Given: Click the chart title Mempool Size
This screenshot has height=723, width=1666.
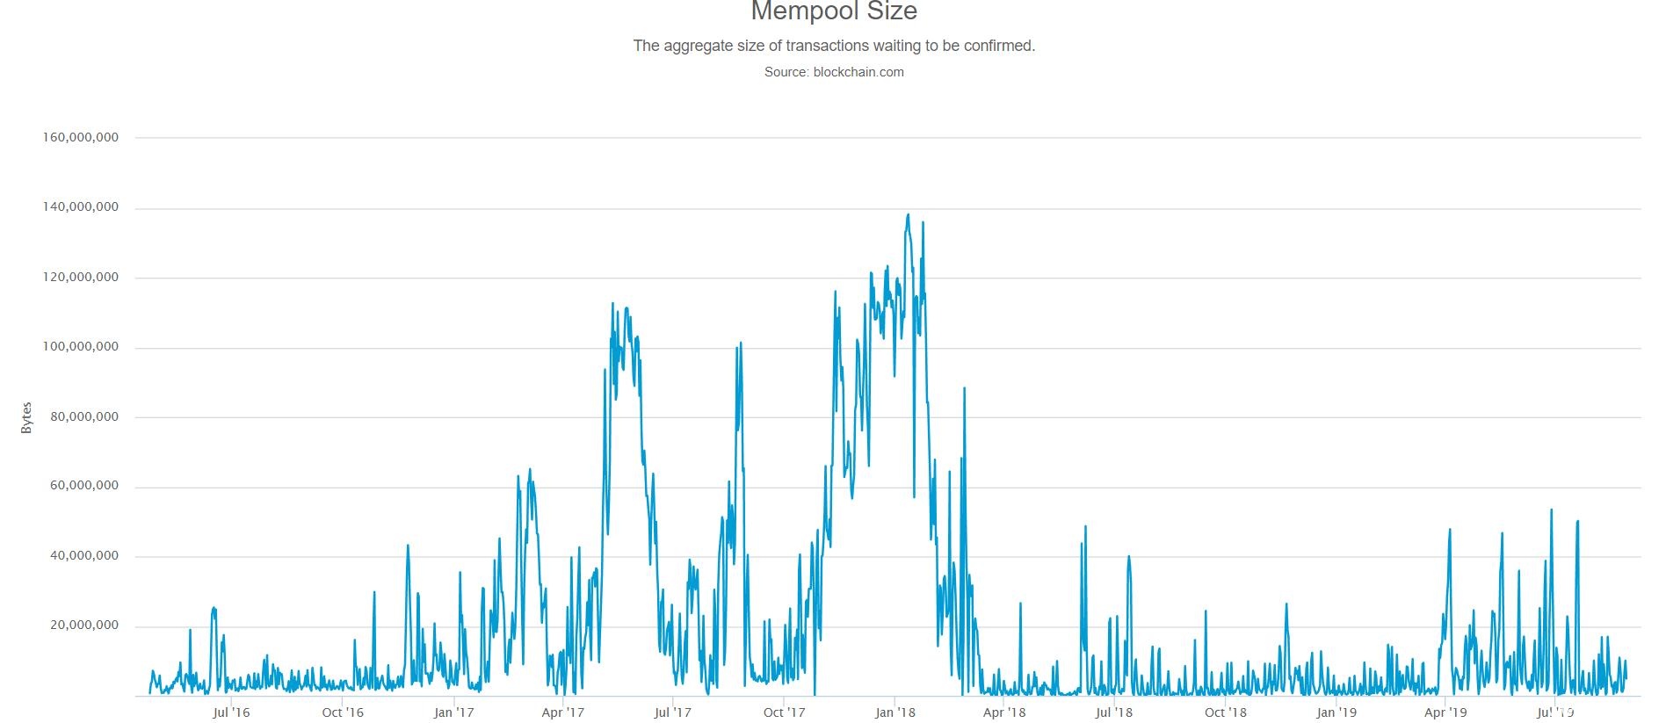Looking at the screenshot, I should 833,11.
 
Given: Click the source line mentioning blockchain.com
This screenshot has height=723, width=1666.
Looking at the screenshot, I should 833,72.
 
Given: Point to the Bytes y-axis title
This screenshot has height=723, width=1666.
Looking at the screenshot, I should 26,417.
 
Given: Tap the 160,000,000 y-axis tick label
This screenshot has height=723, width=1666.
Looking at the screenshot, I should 80,138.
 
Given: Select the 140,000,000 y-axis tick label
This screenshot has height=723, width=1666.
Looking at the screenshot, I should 80,208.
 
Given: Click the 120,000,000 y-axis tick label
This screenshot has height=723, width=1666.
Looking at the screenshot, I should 80,278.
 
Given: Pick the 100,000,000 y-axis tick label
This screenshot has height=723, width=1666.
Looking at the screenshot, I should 80,347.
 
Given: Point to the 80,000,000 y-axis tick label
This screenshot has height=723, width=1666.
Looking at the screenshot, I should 83,417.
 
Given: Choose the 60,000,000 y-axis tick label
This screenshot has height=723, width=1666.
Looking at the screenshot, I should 83,487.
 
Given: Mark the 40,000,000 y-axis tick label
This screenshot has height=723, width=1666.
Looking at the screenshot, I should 83,556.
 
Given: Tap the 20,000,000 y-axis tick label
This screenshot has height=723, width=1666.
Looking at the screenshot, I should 83,625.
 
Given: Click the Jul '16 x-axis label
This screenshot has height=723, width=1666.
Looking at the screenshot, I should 231,712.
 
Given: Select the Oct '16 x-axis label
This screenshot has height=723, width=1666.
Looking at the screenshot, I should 343,712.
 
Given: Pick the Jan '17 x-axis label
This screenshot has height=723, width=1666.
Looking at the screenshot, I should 454,712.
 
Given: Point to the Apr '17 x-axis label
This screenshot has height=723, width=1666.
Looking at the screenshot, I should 563,712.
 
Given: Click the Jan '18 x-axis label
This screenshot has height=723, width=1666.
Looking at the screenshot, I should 895,712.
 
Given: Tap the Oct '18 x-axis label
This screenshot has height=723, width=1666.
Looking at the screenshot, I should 1226,712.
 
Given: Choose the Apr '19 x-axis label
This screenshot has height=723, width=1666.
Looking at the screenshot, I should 1445,712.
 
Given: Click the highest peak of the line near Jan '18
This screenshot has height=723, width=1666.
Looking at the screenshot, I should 908,214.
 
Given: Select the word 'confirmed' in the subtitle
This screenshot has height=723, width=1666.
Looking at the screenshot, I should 999,46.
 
